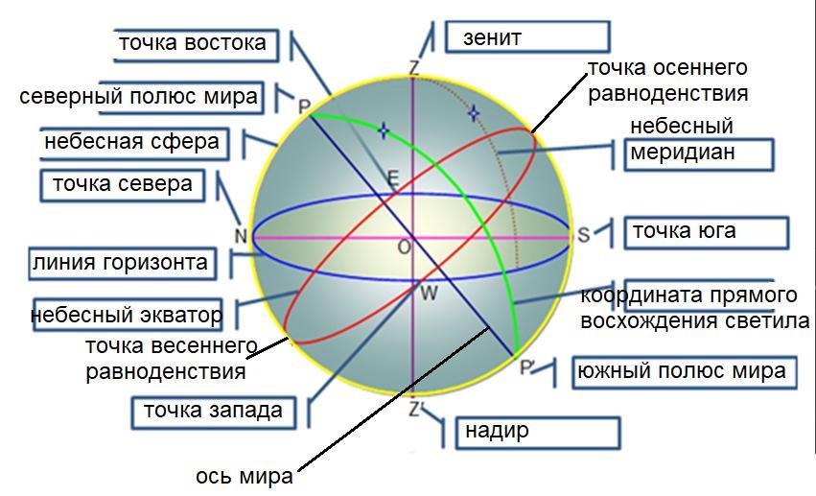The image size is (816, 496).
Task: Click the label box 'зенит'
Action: click(x=526, y=38)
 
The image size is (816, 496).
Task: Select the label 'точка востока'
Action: click(x=191, y=43)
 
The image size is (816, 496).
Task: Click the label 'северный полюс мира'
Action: click(x=139, y=97)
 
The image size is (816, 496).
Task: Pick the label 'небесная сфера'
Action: click(x=132, y=143)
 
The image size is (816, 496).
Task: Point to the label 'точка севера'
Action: click(x=122, y=184)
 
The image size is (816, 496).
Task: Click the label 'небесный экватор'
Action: click(x=127, y=314)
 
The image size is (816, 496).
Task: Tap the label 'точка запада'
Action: click(x=213, y=411)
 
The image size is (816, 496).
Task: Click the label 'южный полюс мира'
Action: click(x=684, y=371)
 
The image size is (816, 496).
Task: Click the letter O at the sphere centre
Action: click(x=404, y=248)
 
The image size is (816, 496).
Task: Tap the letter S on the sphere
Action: click(x=583, y=235)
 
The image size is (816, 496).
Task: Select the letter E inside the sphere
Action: click(x=391, y=177)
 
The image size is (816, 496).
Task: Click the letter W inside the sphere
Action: click(x=429, y=293)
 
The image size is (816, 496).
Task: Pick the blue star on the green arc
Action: click(x=384, y=130)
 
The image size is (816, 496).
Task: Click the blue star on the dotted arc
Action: click(x=473, y=113)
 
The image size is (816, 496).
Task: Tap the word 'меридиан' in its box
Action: click(x=682, y=153)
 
